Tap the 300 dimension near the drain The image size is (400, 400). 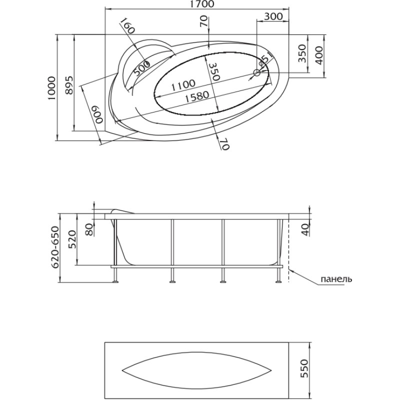(x=273, y=16)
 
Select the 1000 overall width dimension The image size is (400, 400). (x=51, y=88)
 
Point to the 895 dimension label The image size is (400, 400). (x=69, y=85)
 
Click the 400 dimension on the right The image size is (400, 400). (x=319, y=55)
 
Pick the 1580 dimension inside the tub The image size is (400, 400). (x=197, y=96)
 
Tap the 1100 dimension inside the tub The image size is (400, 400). (x=183, y=85)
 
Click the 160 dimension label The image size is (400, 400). (x=127, y=26)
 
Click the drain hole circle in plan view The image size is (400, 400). (x=256, y=72)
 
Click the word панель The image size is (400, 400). (x=336, y=279)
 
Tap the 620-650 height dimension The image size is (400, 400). (x=55, y=247)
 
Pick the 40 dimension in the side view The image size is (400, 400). (x=305, y=229)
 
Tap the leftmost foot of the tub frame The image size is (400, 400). (x=116, y=281)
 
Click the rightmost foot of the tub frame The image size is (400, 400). (x=278, y=281)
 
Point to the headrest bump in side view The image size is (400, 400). (x=122, y=211)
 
